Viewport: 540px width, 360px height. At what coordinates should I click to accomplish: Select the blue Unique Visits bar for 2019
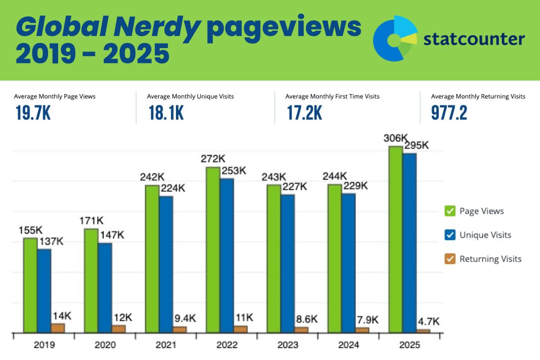coord(44,291)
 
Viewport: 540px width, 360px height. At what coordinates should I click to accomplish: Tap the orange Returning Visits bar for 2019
coord(58,328)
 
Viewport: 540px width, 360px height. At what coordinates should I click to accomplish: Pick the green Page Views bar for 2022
coord(213,250)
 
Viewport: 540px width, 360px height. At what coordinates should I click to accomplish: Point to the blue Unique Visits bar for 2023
coord(288,263)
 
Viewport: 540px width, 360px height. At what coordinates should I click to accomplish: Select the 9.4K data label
coord(185,319)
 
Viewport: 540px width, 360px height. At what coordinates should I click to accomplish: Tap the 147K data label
coord(112,235)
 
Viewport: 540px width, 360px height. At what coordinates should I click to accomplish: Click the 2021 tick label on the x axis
coord(166,345)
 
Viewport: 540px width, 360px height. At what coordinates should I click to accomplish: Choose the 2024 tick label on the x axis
coord(348,345)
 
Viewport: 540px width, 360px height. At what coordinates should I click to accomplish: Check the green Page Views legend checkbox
coord(450,211)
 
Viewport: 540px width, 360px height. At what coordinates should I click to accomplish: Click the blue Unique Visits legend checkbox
coord(450,234)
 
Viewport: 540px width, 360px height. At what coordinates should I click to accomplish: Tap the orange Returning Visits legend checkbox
coord(450,259)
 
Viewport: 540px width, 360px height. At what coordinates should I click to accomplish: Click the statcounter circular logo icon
coord(396,38)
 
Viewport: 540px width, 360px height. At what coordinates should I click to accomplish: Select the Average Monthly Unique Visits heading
coord(190,96)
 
